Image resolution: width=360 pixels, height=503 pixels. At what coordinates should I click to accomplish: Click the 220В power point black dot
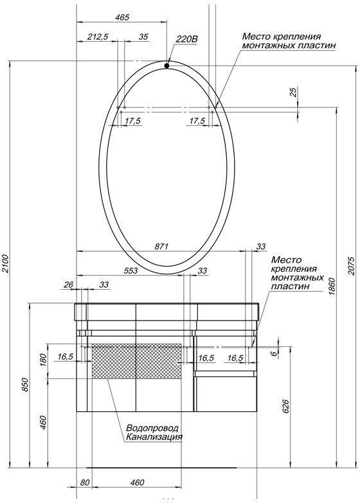[x=166, y=66]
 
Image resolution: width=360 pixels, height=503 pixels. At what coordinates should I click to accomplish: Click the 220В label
[x=186, y=39]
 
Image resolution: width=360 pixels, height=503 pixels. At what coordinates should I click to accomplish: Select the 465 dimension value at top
[x=122, y=17]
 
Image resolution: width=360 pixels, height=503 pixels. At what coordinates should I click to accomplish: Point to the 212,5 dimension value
[x=98, y=37]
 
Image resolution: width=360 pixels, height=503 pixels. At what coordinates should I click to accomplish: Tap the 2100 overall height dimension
[x=5, y=263]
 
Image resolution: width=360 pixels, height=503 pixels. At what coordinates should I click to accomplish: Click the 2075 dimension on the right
[x=352, y=265]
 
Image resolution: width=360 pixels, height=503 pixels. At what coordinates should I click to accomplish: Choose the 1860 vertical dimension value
[x=332, y=287]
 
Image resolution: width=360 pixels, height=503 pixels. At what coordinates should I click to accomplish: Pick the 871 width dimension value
[x=161, y=247]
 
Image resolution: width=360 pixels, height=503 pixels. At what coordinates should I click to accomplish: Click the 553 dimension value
[x=130, y=270]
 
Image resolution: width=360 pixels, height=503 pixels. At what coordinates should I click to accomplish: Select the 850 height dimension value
[x=25, y=385]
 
